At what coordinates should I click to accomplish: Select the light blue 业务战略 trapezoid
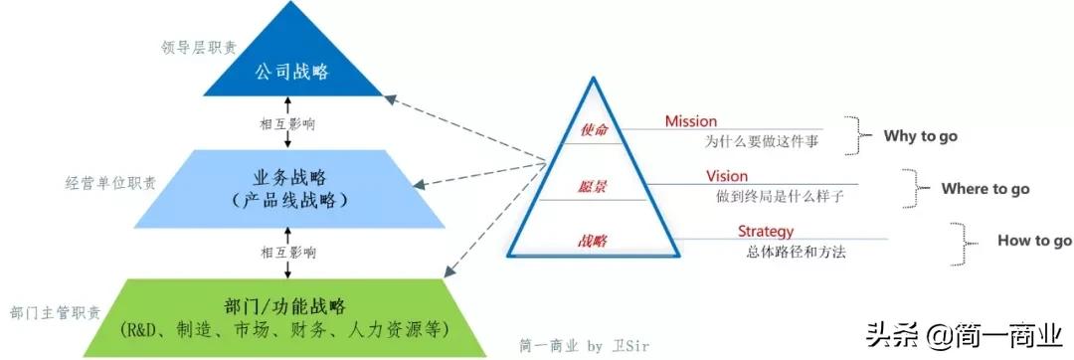pyautogui.click(x=288, y=188)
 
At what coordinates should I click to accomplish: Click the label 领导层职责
pyautogui.click(x=199, y=46)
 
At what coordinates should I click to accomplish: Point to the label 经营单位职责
pyautogui.click(x=109, y=183)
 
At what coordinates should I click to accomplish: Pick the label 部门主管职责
pyautogui.click(x=55, y=312)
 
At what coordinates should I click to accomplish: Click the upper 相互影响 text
pyautogui.click(x=286, y=123)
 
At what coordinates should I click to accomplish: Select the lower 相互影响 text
pyautogui.click(x=287, y=253)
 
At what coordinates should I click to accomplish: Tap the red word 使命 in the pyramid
pyautogui.click(x=593, y=130)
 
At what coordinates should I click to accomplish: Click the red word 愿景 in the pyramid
pyautogui.click(x=592, y=186)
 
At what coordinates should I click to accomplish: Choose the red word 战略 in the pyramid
pyautogui.click(x=592, y=241)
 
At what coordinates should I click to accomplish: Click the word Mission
pyautogui.click(x=691, y=121)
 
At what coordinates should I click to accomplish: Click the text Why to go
pyautogui.click(x=920, y=136)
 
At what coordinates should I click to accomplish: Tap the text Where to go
pyautogui.click(x=984, y=189)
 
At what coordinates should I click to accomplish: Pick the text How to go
pyautogui.click(x=1034, y=241)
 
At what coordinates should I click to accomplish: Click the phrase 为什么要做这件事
pyautogui.click(x=761, y=142)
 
